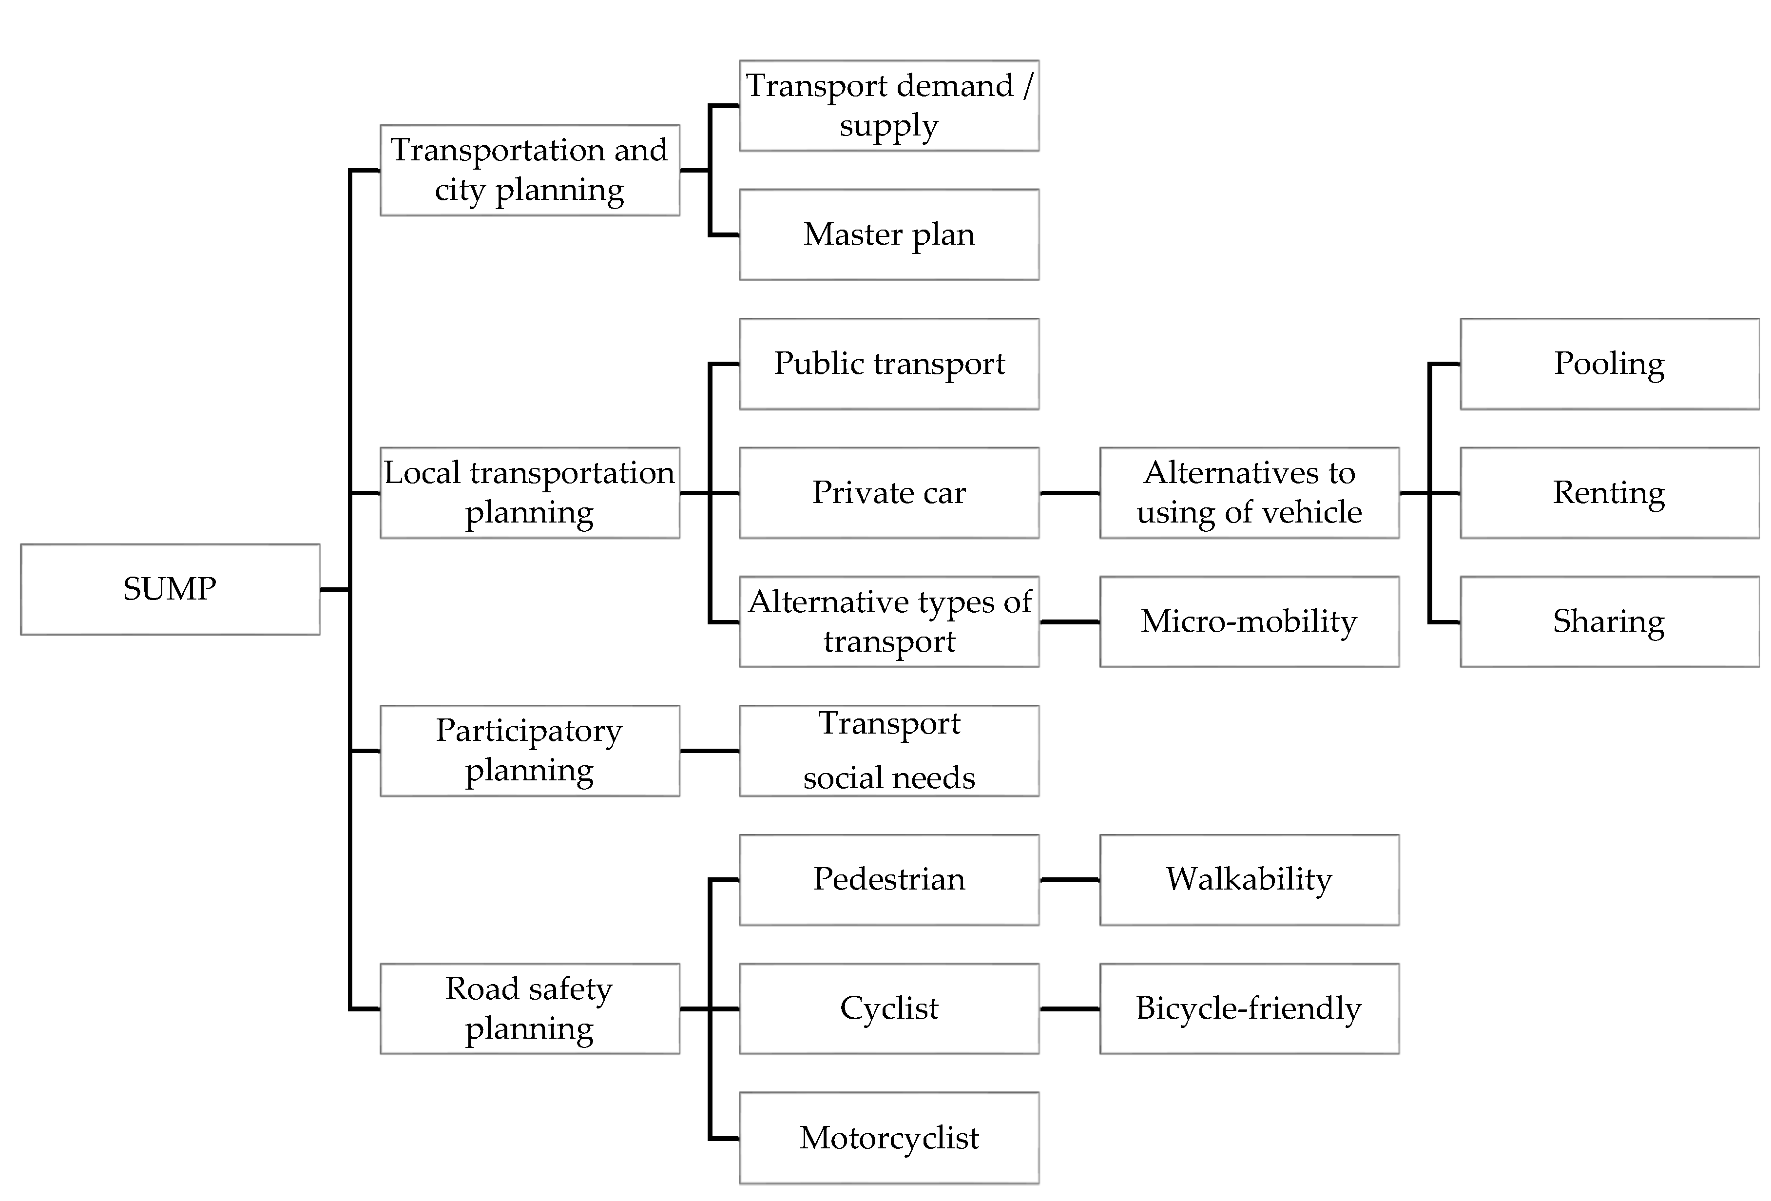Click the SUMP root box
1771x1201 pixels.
(x=170, y=589)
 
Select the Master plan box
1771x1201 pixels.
(x=888, y=235)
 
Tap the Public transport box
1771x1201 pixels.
(x=888, y=364)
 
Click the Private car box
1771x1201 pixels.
(x=888, y=492)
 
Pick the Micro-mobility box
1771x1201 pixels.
(x=1248, y=621)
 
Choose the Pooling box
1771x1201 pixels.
(x=1609, y=364)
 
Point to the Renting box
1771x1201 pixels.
(x=1609, y=492)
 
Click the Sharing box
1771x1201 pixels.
(x=1609, y=621)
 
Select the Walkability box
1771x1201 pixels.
(x=1248, y=879)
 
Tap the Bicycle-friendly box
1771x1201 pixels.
(x=1248, y=1008)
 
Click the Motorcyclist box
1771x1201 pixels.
(x=888, y=1138)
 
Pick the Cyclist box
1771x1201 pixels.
(x=888, y=1008)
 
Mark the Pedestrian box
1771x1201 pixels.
(x=888, y=879)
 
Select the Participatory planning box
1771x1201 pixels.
(x=530, y=751)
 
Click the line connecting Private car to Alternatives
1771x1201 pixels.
(x=1069, y=493)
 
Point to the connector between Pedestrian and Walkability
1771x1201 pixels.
(x=1069, y=879)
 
